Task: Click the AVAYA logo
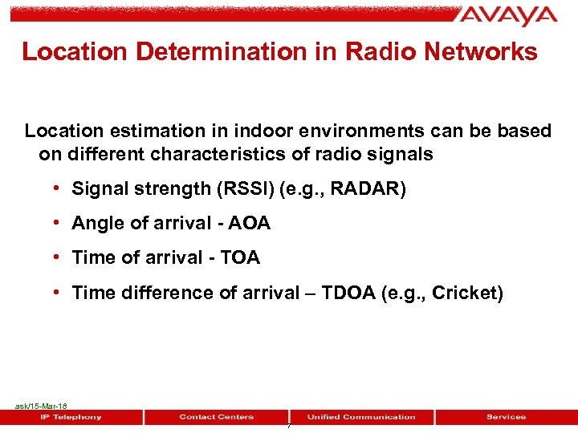(x=508, y=16)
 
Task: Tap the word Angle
(x=96, y=224)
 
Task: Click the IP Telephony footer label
(x=71, y=417)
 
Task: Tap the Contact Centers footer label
(x=216, y=417)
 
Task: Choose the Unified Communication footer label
(x=361, y=417)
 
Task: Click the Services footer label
(x=506, y=417)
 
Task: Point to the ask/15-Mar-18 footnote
(x=41, y=407)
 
